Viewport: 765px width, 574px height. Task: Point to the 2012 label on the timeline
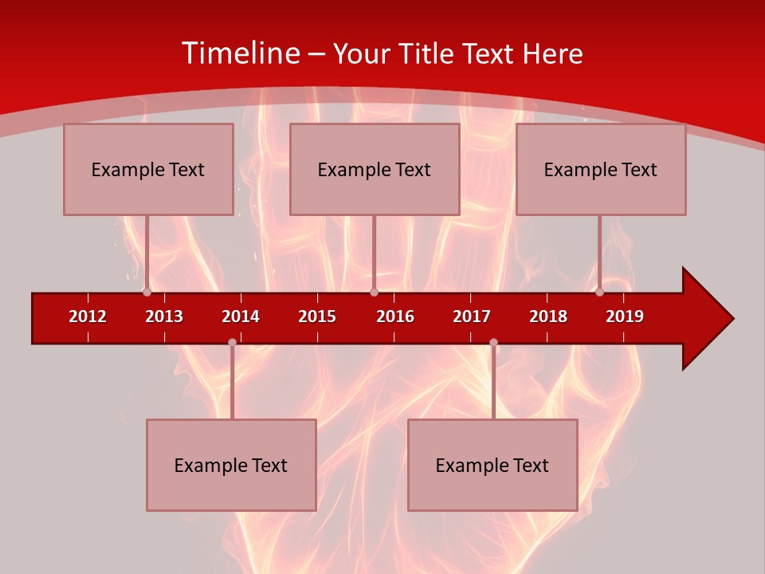point(88,316)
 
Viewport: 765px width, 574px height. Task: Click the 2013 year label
point(164,316)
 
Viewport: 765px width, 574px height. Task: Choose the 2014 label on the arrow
point(241,316)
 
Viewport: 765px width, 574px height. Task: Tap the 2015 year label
point(317,316)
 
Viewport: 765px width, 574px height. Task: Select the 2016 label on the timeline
point(395,316)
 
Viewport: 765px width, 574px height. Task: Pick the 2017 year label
point(472,316)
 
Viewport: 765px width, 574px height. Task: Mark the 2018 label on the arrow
point(548,316)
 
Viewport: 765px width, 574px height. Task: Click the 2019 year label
point(625,316)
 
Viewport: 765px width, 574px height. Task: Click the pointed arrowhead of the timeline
point(709,319)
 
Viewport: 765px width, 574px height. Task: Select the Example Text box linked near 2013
point(148,169)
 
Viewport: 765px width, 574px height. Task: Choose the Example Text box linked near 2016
point(375,169)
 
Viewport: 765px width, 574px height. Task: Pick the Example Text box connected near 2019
point(601,169)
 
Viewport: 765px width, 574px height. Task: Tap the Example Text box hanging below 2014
point(231,465)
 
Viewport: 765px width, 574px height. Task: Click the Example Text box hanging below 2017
point(492,465)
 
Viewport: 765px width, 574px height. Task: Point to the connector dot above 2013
point(147,293)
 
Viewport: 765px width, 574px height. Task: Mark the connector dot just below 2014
point(232,342)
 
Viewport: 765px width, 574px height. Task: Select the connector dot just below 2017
point(493,342)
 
